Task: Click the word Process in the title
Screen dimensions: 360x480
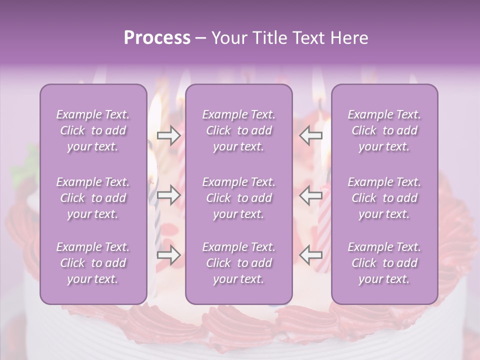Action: [x=157, y=38]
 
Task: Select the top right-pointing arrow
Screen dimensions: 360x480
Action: [x=168, y=135]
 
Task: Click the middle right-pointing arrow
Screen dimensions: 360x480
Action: [x=168, y=195]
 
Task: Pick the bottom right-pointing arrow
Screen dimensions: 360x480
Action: [x=168, y=255]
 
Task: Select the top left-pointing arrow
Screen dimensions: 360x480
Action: [x=311, y=135]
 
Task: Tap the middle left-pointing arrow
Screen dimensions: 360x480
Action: [x=311, y=195]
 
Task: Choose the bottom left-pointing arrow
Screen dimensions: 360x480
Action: [x=311, y=255]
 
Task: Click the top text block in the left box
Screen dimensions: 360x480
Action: [x=93, y=130]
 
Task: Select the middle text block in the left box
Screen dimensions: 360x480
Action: [x=93, y=198]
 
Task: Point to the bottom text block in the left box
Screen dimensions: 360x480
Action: [x=93, y=263]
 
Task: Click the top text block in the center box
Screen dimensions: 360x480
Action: [x=239, y=130]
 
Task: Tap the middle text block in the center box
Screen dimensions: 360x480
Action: [x=239, y=198]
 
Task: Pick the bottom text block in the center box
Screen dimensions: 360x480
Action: [x=239, y=263]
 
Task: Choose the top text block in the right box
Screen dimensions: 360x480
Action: [x=384, y=130]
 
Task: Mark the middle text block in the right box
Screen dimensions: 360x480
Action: [x=384, y=198]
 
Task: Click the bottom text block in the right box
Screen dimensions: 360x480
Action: [x=384, y=263]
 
